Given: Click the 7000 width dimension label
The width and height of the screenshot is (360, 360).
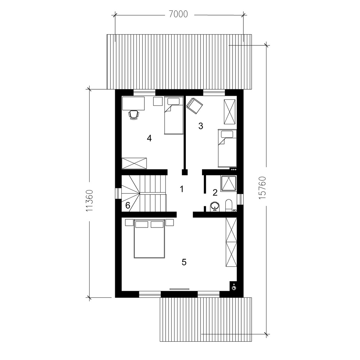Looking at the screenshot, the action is pos(179,14).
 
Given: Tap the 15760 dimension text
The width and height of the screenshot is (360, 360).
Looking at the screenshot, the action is pos(262,188).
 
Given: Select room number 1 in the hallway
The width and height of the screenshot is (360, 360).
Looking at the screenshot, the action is pos(181,189).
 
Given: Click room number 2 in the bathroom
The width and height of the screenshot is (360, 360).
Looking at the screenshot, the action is pos(215,193).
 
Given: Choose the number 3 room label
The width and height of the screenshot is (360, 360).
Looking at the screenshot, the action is pos(201,126).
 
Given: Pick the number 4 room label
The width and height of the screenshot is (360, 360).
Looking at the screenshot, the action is pos(149,138).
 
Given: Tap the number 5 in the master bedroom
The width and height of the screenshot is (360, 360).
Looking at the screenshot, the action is pos(184,262).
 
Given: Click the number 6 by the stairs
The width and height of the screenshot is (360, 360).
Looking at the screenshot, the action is pos(128,205).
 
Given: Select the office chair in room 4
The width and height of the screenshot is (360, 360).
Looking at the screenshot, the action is pos(134,114).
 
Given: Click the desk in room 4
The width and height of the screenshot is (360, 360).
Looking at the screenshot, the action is pos(134,103).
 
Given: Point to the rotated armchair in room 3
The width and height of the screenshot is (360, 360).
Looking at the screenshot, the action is pos(195,105).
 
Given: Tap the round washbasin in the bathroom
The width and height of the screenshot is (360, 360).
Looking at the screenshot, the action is pos(215,206).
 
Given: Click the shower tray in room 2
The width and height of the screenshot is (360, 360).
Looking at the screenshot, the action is pos(229,184).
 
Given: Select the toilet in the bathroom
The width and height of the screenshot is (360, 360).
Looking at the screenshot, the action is pos(229,205).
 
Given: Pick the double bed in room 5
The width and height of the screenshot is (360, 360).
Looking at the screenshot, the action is pos(149,239).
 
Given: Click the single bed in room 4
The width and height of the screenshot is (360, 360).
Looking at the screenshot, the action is pos(174,115).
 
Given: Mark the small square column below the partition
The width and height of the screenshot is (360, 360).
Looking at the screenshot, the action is pos(185,172).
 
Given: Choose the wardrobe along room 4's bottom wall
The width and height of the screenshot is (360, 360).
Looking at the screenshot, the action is pos(134,163).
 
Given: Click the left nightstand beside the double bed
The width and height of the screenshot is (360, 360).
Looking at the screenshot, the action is pos(129,222).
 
